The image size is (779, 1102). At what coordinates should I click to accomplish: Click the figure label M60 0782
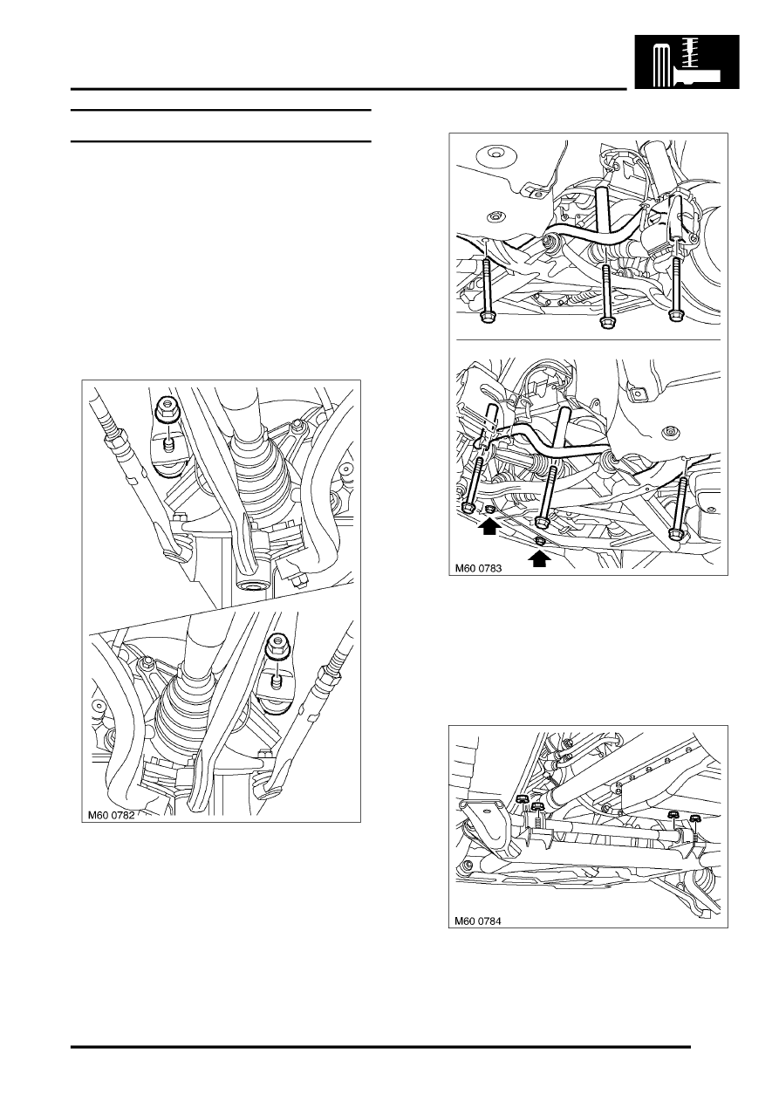[x=119, y=818]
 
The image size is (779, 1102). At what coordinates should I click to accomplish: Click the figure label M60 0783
[x=485, y=567]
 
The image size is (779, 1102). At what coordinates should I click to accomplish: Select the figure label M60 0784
[x=485, y=920]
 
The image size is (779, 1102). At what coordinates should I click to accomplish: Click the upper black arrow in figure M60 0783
[x=490, y=525]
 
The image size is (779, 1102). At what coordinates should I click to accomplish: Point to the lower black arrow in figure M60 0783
[x=540, y=558]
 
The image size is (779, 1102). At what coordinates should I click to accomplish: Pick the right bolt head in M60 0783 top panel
[x=674, y=318]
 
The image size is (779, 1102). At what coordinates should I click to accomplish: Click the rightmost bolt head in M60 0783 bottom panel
[x=677, y=533]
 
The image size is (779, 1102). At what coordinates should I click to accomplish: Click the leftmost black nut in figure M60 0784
[x=521, y=799]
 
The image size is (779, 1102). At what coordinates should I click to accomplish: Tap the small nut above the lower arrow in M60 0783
[x=540, y=541]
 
